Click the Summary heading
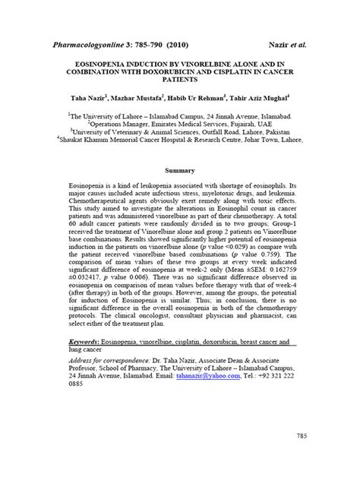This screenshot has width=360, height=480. tap(179, 171)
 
